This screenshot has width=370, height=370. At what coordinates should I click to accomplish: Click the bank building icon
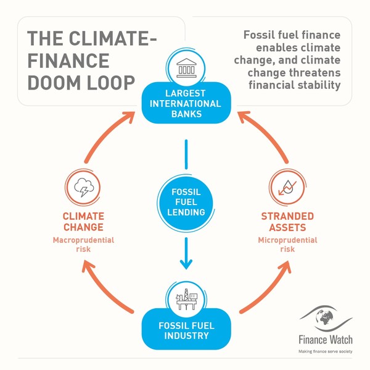point(186,67)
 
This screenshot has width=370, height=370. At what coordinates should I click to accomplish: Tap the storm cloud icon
point(83,186)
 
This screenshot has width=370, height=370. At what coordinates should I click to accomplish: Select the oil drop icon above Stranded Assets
point(287,186)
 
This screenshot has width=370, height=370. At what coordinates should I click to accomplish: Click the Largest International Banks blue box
point(186,104)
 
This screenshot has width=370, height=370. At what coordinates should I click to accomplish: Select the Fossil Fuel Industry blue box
point(186,330)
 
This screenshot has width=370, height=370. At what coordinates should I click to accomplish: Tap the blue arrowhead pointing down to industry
point(186,262)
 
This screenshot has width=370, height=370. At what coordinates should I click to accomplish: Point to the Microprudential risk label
point(287,244)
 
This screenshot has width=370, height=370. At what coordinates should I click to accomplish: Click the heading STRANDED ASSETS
point(287,222)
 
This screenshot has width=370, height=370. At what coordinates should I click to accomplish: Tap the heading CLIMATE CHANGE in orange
point(83,222)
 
